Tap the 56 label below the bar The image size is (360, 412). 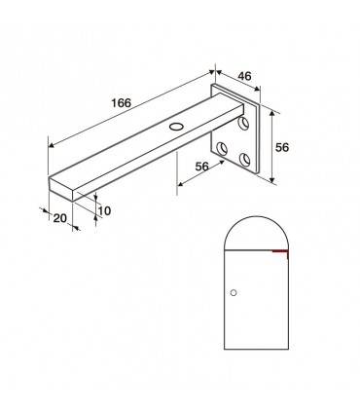click(202, 167)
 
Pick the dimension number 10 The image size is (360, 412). click(105, 208)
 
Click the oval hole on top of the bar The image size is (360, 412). click(176, 127)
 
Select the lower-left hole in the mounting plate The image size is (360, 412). click(224, 148)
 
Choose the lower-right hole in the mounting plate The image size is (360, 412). click(244, 159)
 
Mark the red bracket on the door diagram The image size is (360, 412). click(280, 251)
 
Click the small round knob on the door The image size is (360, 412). click(234, 291)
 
